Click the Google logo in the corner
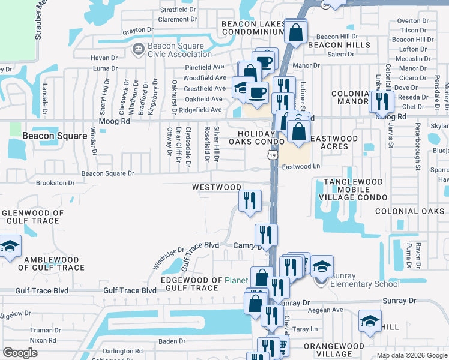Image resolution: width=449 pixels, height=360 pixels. (x=20, y=353)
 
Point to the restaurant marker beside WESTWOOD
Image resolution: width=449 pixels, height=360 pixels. (x=250, y=200)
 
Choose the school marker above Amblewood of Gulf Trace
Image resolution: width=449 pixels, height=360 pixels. (x=9, y=246)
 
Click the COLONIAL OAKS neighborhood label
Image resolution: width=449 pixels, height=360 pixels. (x=409, y=211)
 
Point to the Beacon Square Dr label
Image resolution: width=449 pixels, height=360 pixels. (x=108, y=173)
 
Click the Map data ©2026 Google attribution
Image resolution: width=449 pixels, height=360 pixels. (x=412, y=355)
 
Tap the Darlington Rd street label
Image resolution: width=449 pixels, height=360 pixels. (x=122, y=351)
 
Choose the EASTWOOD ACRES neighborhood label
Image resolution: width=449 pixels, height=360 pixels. (x=335, y=142)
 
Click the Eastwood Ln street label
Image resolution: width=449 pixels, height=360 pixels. (x=301, y=167)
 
